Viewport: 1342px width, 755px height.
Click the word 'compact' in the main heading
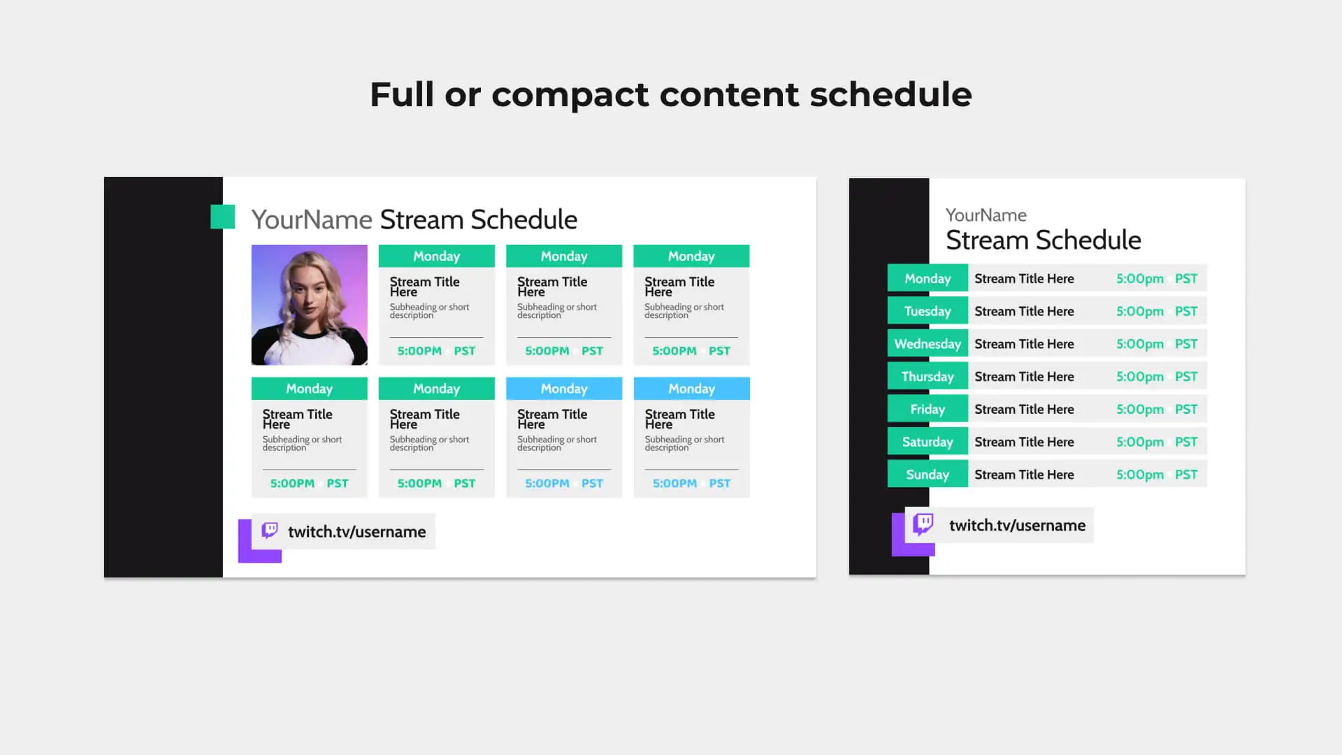(x=570, y=95)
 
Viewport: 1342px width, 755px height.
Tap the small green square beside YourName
(x=222, y=217)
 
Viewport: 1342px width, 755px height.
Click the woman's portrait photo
(x=309, y=305)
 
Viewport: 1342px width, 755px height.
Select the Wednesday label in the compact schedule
(x=928, y=344)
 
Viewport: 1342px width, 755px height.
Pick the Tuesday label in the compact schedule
(x=928, y=311)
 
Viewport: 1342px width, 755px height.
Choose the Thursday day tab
(x=928, y=376)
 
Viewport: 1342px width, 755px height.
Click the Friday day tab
(x=928, y=409)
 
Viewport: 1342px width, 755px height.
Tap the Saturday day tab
(x=928, y=442)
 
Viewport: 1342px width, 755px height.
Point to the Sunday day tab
(x=928, y=475)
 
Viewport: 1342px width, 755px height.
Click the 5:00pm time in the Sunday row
(x=1140, y=475)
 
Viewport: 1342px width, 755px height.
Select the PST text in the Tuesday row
(x=1186, y=311)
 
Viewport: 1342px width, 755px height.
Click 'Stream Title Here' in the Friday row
(x=1024, y=409)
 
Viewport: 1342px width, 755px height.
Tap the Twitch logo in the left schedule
(x=270, y=531)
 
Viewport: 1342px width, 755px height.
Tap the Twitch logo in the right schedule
(x=923, y=524)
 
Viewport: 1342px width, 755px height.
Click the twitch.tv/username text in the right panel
(x=1017, y=526)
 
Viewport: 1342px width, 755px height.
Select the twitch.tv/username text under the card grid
(x=356, y=532)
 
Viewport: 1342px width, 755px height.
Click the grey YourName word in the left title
(x=312, y=220)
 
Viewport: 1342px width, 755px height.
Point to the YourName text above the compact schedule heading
(x=986, y=215)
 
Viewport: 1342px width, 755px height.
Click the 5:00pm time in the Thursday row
(x=1140, y=377)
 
